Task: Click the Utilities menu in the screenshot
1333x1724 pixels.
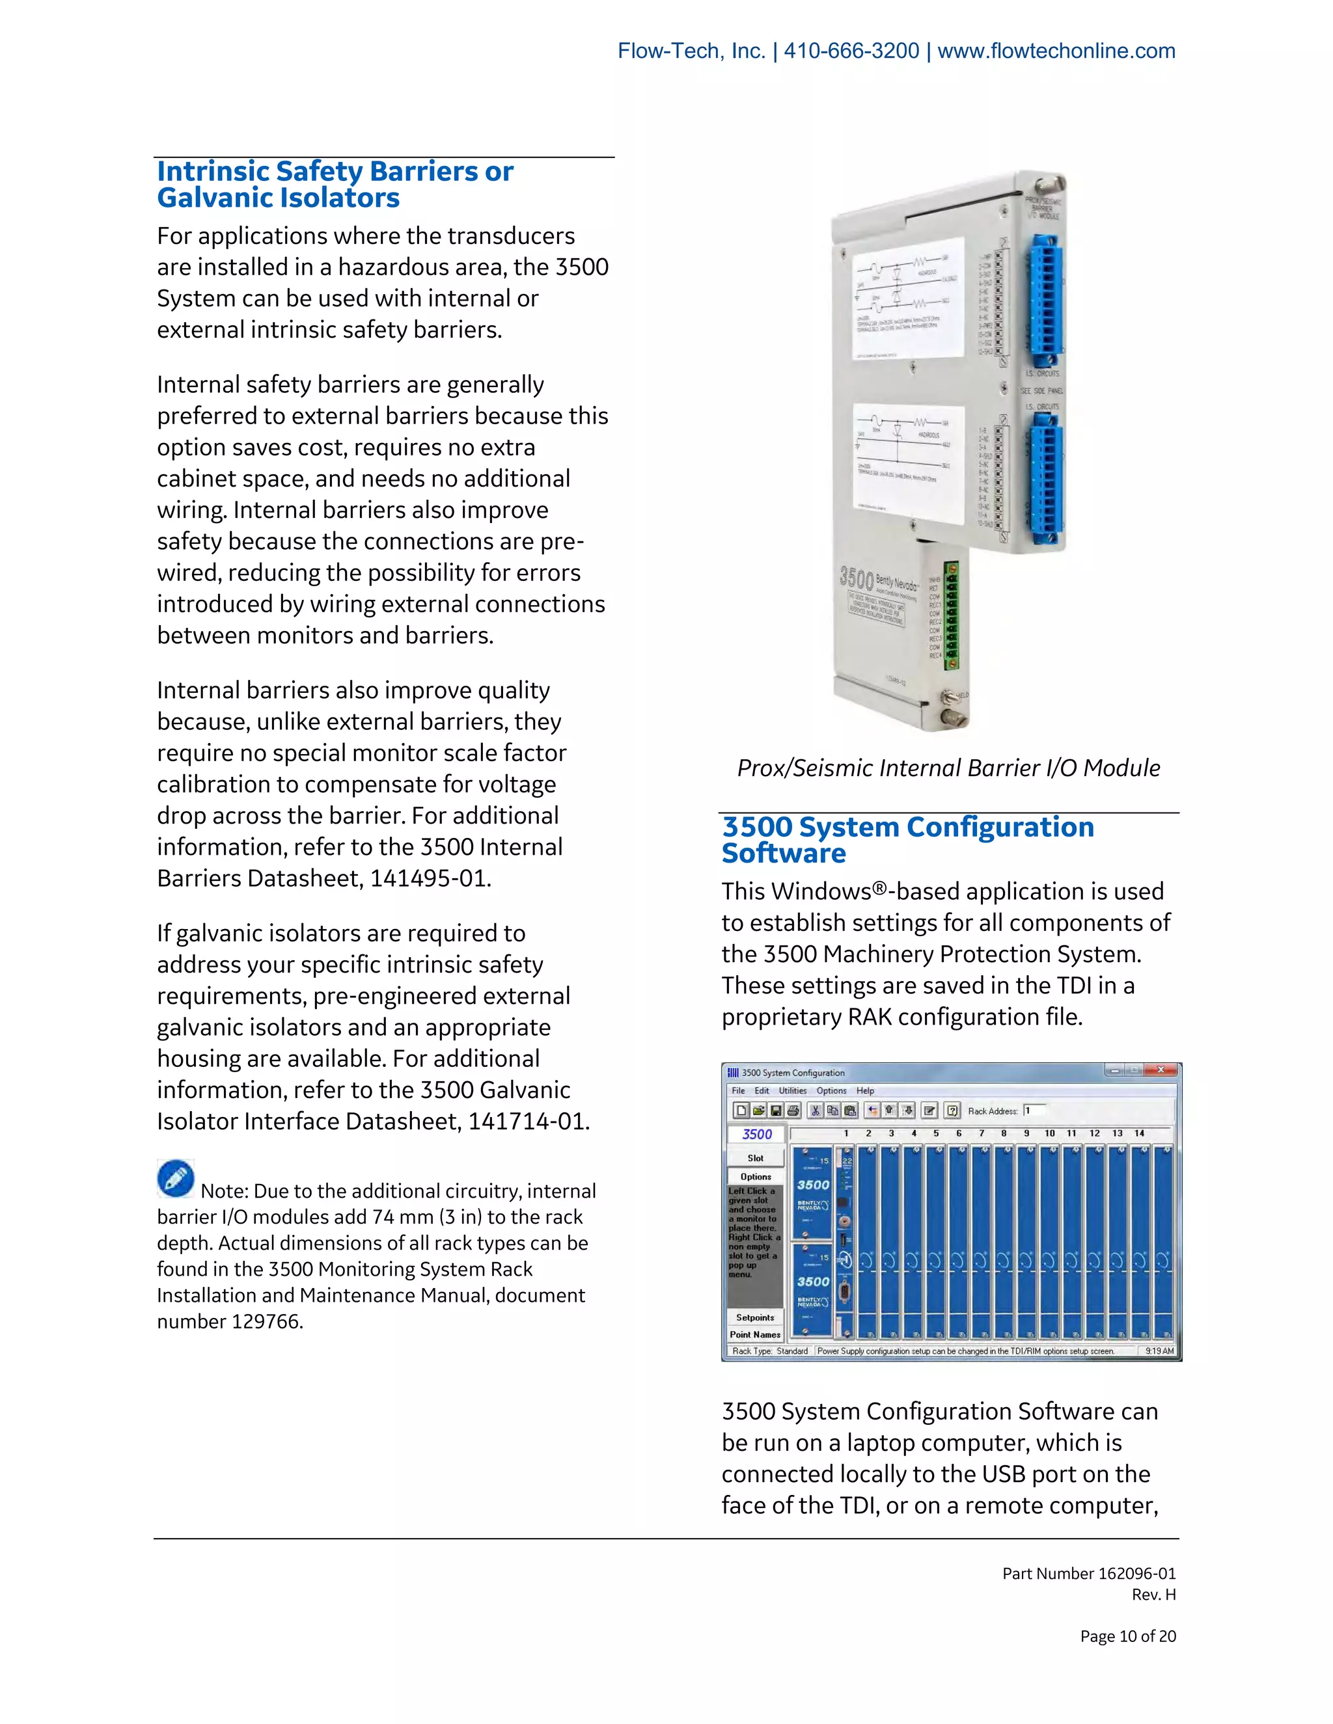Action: tap(792, 1090)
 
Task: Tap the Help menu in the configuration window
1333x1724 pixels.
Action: tap(865, 1090)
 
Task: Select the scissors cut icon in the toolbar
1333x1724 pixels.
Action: tap(816, 1111)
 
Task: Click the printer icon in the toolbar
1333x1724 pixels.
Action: tap(793, 1111)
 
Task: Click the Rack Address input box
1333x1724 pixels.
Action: tap(1034, 1110)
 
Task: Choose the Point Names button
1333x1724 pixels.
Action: tap(755, 1334)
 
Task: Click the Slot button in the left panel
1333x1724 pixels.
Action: tap(756, 1158)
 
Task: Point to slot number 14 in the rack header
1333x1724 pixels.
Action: tap(1139, 1133)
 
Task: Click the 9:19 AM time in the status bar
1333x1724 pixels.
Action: tap(1159, 1351)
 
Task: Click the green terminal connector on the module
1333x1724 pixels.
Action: tap(952, 615)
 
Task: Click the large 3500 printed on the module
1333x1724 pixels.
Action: tap(856, 576)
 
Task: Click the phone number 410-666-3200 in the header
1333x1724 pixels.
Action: tap(851, 51)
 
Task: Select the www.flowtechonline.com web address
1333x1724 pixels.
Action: tap(1056, 51)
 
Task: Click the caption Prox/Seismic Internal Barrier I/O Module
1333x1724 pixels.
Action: tap(948, 768)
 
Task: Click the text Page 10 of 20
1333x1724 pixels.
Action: tap(1128, 1636)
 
